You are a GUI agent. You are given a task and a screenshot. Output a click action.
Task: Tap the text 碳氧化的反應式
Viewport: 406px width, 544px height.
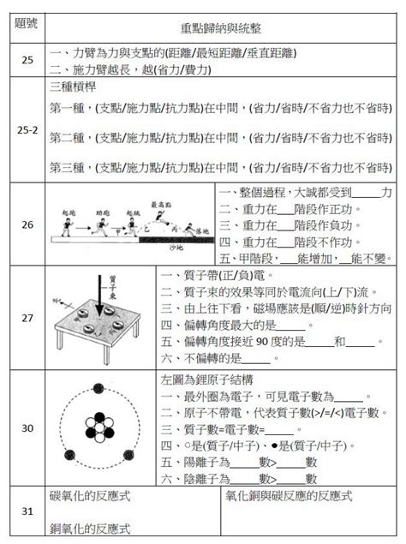[x=91, y=496]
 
